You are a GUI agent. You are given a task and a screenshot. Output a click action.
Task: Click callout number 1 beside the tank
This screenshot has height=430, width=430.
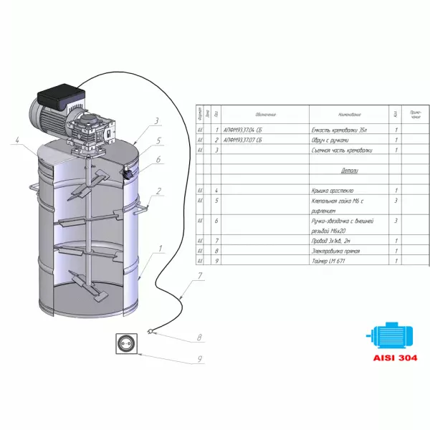click(x=161, y=249)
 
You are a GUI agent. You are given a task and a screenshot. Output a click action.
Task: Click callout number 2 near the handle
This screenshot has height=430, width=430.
click(x=159, y=191)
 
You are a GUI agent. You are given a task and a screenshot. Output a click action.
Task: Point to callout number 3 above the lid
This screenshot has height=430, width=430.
click(x=157, y=121)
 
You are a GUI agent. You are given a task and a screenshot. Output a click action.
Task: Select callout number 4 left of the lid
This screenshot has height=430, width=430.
click(x=15, y=140)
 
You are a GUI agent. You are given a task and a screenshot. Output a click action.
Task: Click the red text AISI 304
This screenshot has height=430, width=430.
click(x=392, y=357)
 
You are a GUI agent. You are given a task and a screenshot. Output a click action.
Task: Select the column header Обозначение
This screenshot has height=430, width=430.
click(x=264, y=114)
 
